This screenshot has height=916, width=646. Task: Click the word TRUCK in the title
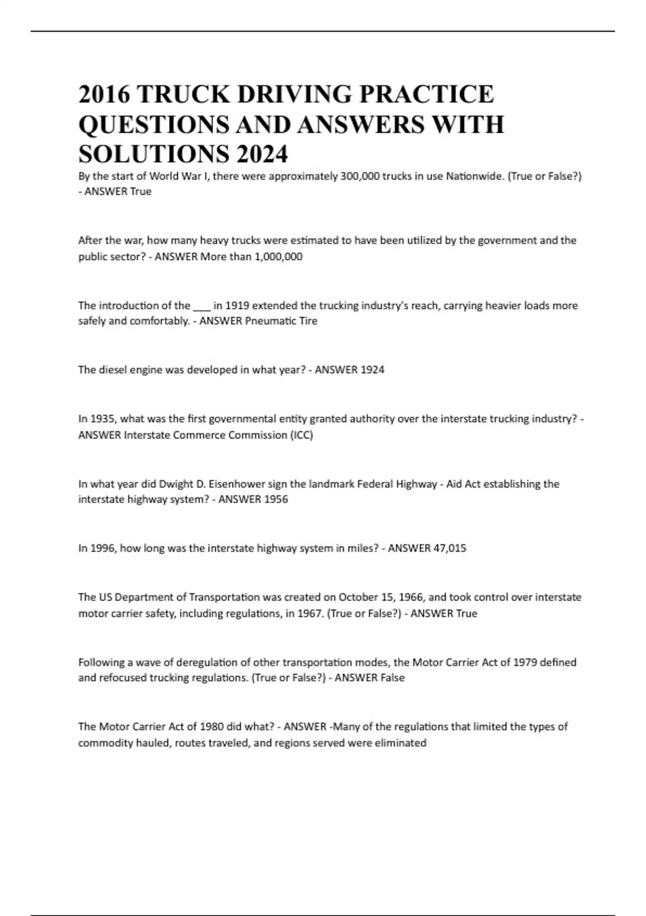pyautogui.click(x=183, y=94)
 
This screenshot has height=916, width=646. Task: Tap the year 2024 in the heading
pyautogui.click(x=261, y=155)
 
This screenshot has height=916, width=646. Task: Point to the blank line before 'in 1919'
pyautogui.click(x=201, y=306)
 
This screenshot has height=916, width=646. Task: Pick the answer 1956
pyautogui.click(x=276, y=499)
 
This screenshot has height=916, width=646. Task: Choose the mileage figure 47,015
pyautogui.click(x=450, y=549)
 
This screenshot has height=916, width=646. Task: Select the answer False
pyautogui.click(x=392, y=678)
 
